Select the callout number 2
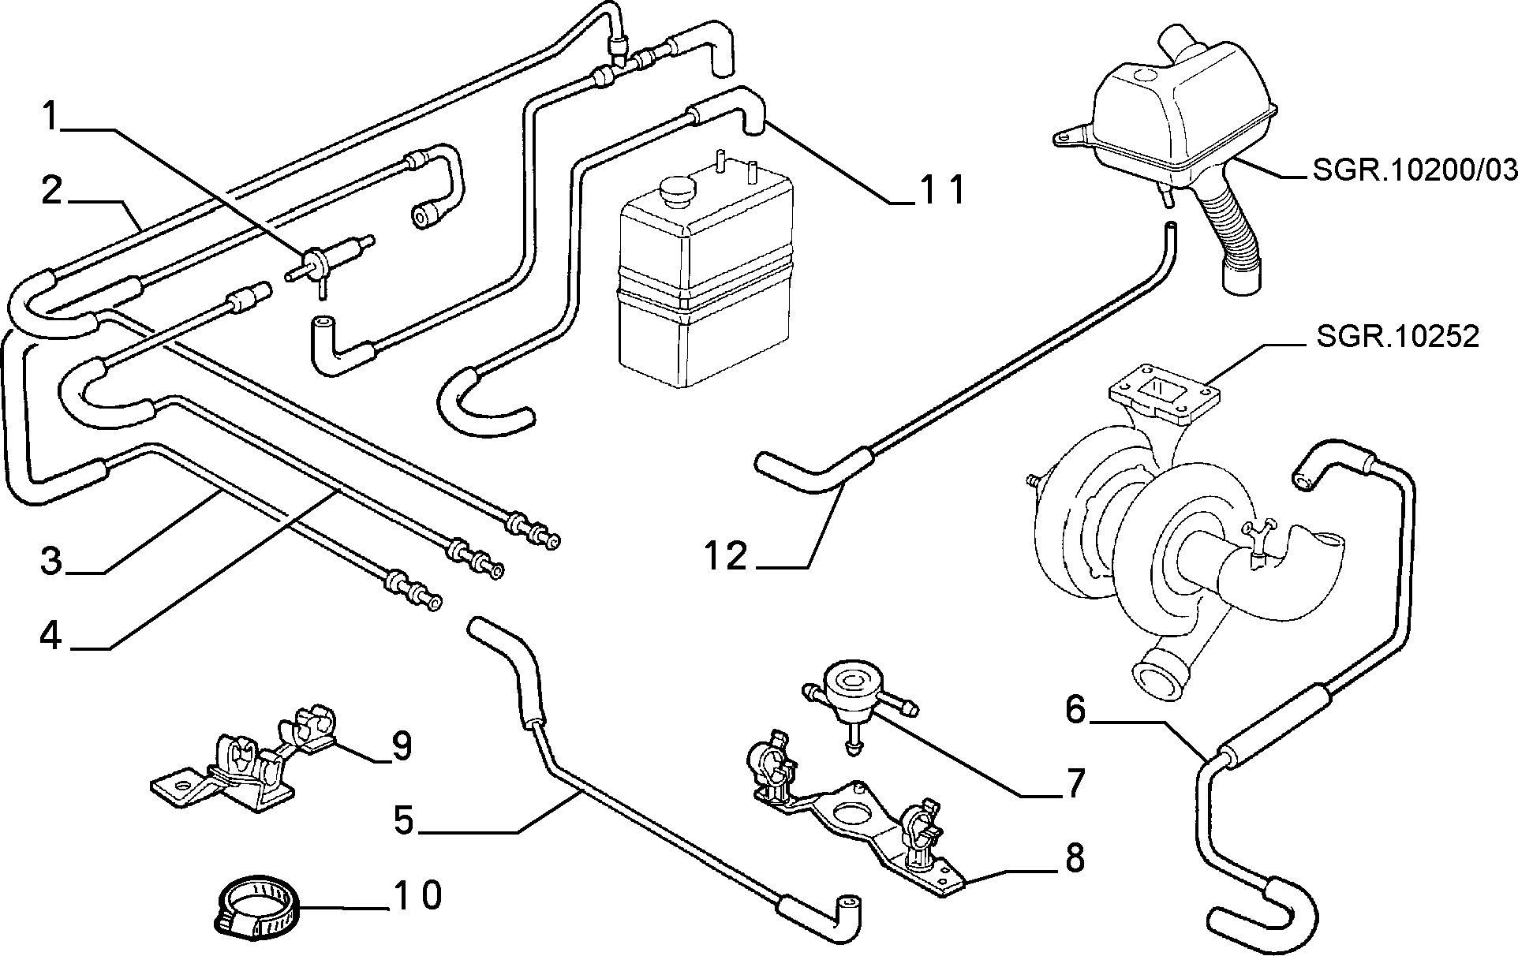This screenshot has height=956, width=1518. [51, 190]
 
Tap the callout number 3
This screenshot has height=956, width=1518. [51, 562]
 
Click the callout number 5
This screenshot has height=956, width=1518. [403, 820]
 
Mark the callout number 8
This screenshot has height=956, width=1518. [1075, 857]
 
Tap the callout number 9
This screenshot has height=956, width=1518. [402, 746]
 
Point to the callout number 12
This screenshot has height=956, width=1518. [726, 556]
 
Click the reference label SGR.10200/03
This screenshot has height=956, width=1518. [1414, 170]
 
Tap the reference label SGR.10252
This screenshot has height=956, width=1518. [1396, 336]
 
